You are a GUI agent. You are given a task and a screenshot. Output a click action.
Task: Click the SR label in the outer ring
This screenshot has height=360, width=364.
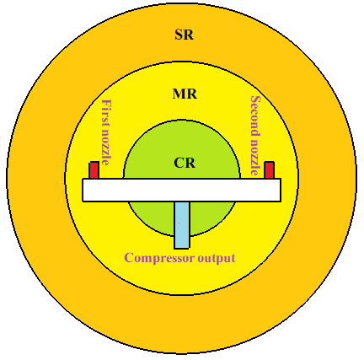coord(185,35)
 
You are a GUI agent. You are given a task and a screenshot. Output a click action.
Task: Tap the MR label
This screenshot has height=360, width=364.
coord(185,94)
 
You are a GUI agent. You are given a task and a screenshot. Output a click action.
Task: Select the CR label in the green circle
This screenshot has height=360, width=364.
coord(185,163)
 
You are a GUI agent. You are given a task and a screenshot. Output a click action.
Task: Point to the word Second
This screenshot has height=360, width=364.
coord(255,114)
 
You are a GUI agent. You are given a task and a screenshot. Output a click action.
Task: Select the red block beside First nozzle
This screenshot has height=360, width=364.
coord(94,170)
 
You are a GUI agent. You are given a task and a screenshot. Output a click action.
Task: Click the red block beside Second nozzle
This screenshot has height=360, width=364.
coord(269,170)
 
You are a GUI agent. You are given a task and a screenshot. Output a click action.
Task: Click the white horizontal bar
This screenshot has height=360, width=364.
coord(181,190)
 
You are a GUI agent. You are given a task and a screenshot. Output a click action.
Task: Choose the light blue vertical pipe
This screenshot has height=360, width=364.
coord(182,225)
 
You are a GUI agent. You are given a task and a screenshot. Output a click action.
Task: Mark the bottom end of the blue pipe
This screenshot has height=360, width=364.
coord(182,249)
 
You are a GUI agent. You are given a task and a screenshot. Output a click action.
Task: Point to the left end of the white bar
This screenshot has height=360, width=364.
coord(83,190)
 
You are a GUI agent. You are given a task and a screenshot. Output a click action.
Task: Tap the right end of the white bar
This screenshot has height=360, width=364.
coord(281,190)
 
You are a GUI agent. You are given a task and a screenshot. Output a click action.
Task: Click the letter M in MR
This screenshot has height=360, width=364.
coord(179,94)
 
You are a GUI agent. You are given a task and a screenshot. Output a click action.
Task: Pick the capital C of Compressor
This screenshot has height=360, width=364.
coord(128,257)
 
